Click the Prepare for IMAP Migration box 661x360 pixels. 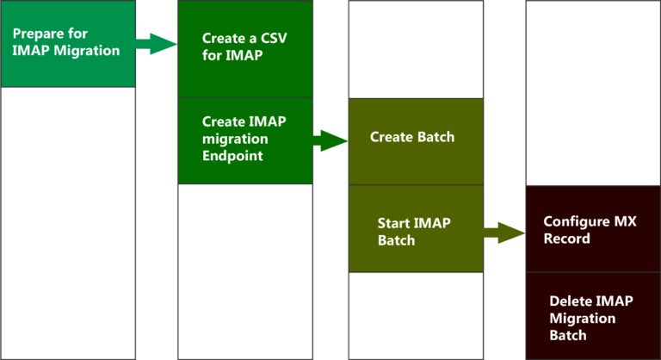click(x=68, y=44)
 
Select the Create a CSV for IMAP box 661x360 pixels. click(x=244, y=49)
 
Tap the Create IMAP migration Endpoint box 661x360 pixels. click(x=244, y=140)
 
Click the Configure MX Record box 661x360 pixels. click(x=593, y=229)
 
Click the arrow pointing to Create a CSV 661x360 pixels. click(x=156, y=43)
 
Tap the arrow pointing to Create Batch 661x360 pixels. click(x=329, y=140)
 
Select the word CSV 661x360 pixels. click(x=274, y=39)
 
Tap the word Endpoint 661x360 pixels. click(x=232, y=156)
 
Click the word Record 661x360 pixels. click(x=567, y=238)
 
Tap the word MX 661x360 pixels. click(x=625, y=221)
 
